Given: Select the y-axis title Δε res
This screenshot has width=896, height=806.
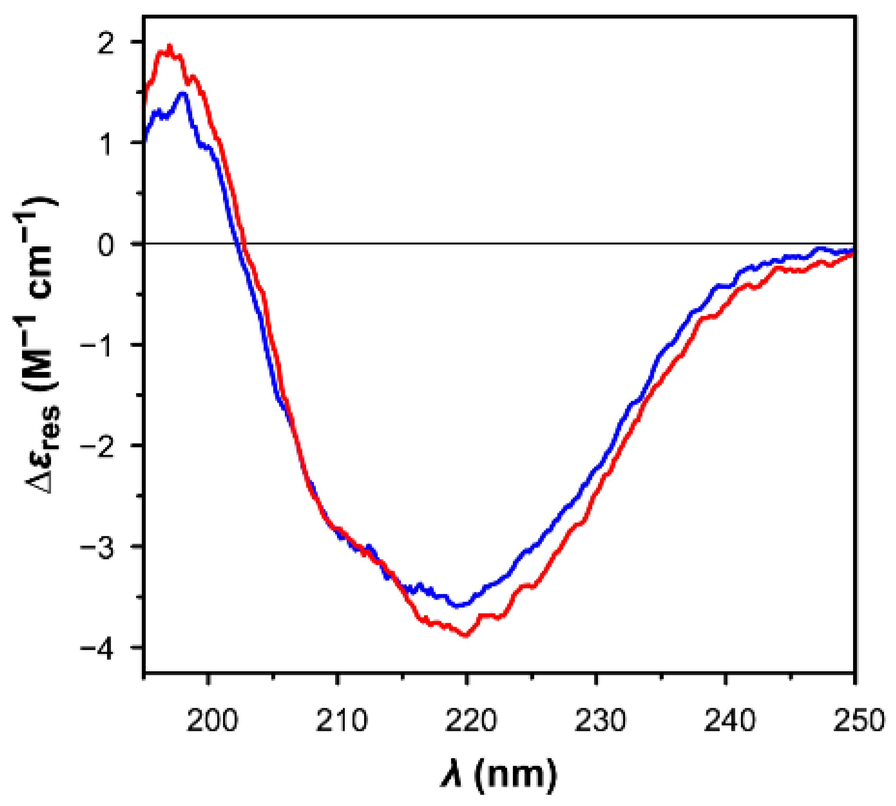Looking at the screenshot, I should (42, 345).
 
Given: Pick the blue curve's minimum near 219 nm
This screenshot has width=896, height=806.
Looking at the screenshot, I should (459, 605).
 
